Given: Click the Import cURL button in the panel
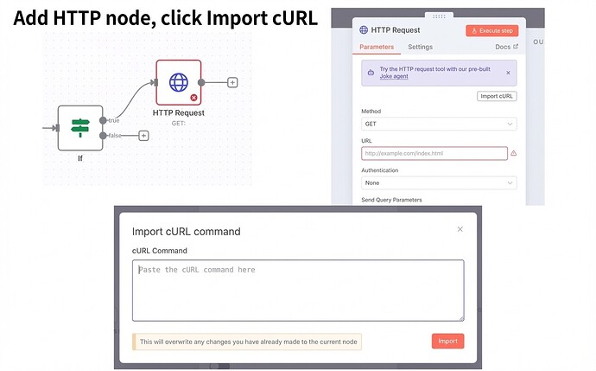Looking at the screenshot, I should click(497, 96).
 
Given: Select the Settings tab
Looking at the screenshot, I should click(420, 47).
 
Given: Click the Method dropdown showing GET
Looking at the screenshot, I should click(439, 125).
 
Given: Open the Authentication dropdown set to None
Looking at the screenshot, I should click(439, 183).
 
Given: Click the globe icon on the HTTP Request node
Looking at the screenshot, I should click(178, 82).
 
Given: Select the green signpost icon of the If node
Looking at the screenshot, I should click(79, 128).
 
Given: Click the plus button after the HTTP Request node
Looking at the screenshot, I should click(232, 82).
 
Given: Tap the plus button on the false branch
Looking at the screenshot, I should click(143, 136).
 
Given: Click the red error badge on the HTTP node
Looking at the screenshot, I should click(193, 98).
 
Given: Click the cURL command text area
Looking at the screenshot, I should click(297, 291).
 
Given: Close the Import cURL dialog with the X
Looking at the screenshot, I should click(460, 229).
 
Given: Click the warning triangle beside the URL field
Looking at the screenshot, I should click(513, 154).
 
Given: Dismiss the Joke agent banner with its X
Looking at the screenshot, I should click(507, 73).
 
